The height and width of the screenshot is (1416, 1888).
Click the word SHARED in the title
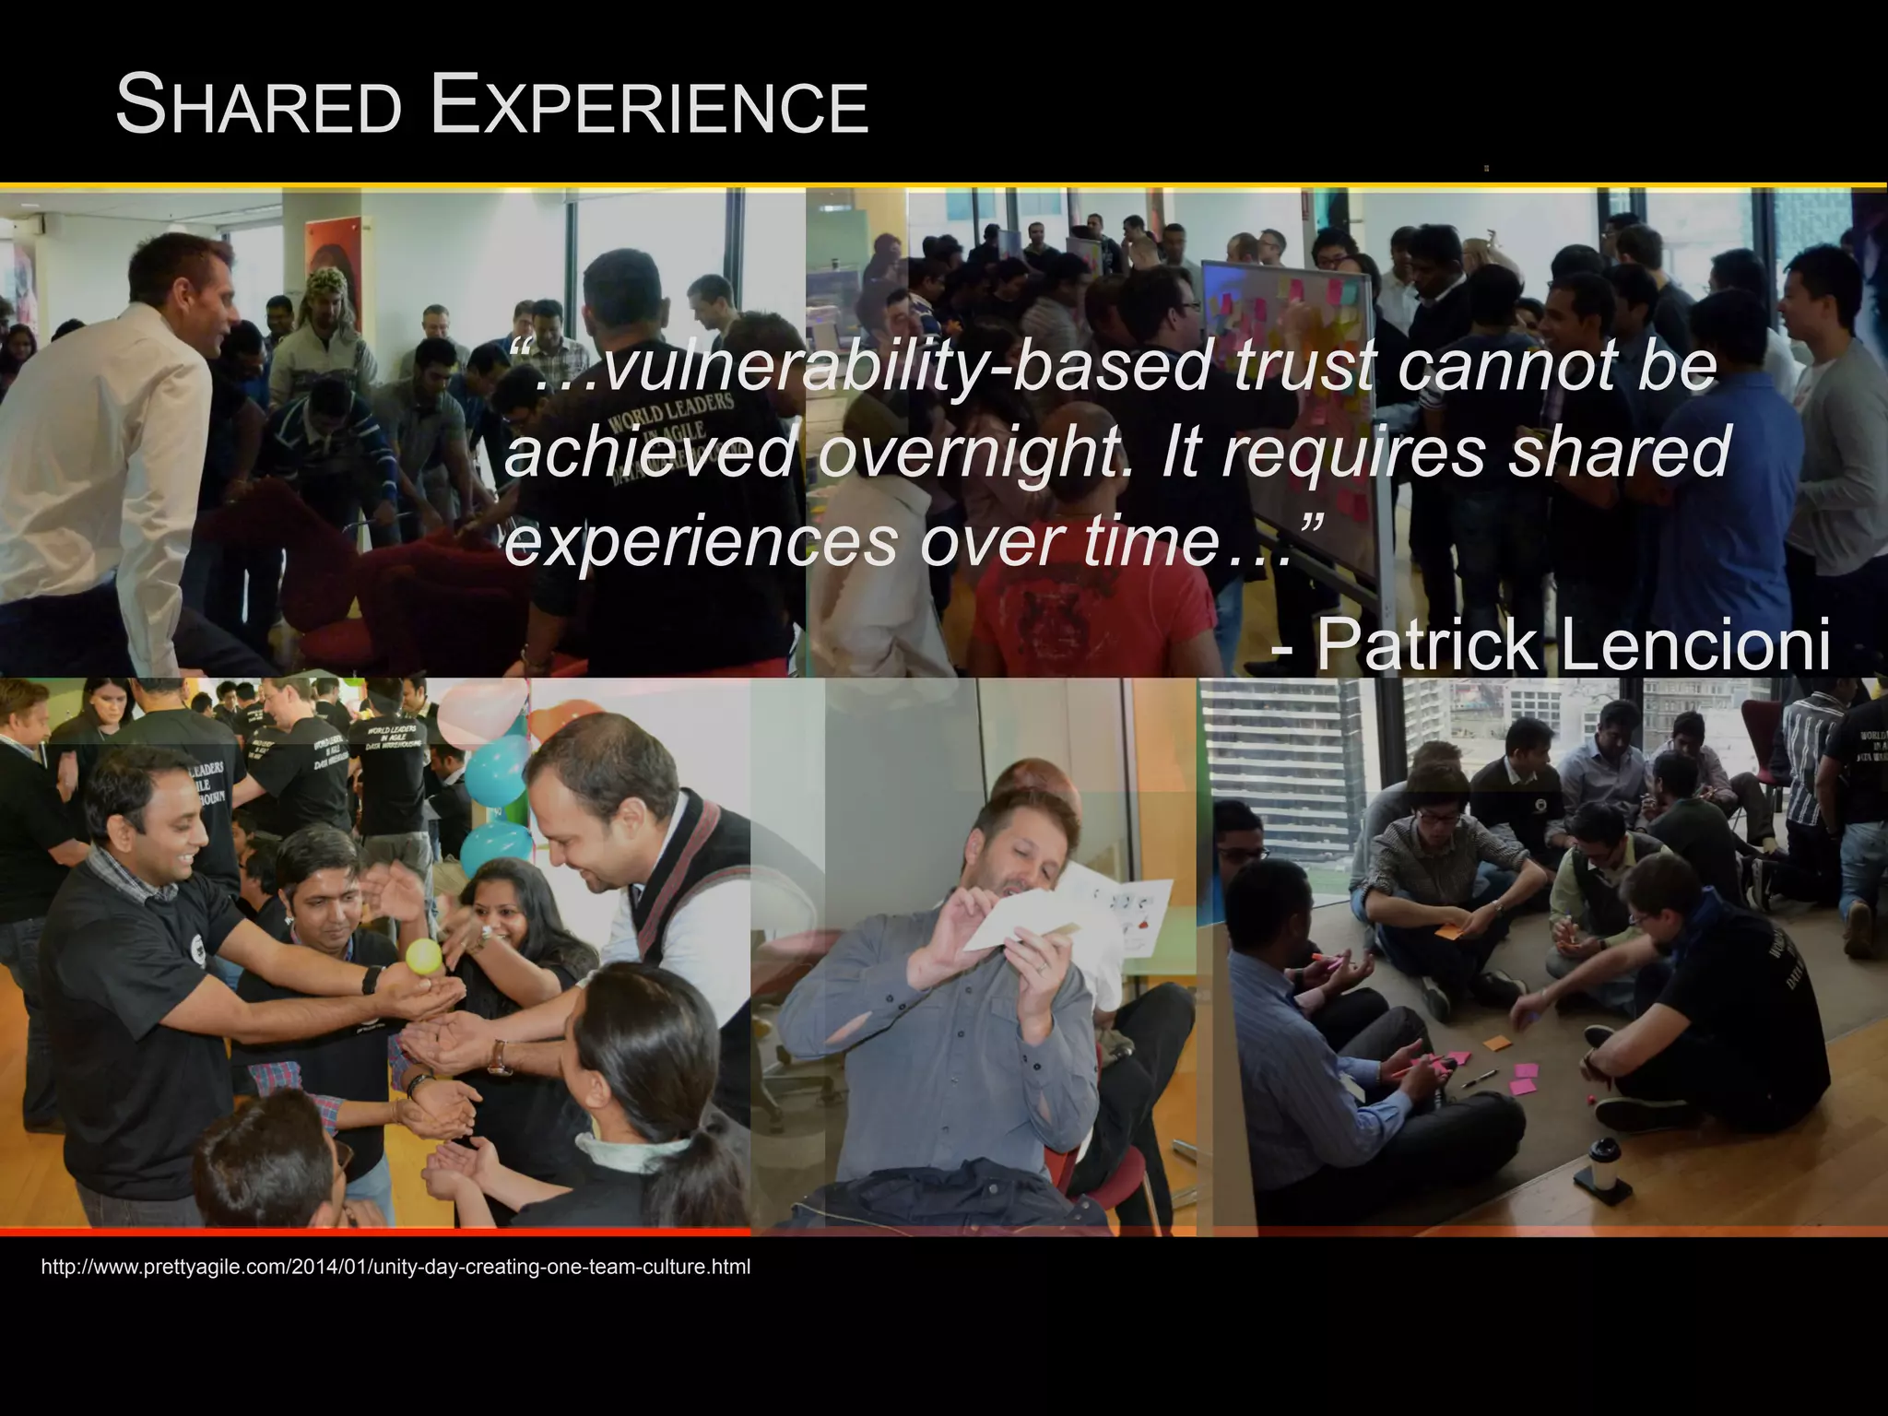point(259,107)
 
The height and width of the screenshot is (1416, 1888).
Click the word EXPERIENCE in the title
point(649,107)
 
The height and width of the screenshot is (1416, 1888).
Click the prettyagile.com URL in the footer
point(395,1268)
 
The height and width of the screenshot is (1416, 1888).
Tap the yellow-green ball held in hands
point(424,959)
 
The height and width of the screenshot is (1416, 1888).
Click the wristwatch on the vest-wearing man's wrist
point(500,1058)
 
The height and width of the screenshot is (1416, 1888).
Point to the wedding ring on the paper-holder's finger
point(1041,968)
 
